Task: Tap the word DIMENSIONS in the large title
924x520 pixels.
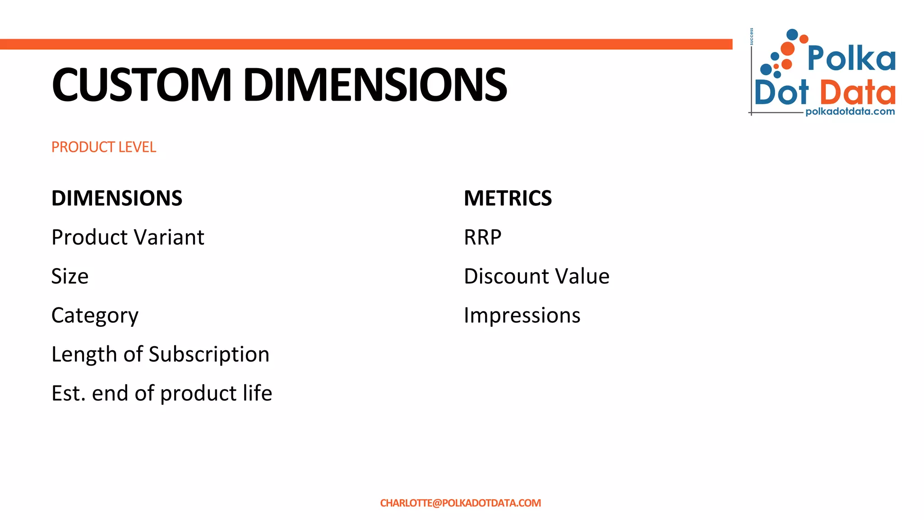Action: (x=375, y=85)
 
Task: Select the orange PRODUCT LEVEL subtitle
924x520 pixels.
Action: (x=103, y=147)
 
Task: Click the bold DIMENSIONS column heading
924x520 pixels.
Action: (x=117, y=198)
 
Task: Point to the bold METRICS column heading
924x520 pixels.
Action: (x=508, y=198)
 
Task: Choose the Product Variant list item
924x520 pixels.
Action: (x=128, y=237)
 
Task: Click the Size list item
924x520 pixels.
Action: (x=70, y=276)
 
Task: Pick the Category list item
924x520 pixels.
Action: (x=95, y=316)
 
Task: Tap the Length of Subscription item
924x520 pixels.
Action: (x=160, y=354)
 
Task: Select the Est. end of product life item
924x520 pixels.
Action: (x=162, y=393)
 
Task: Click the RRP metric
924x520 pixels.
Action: (x=482, y=237)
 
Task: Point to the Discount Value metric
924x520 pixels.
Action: (x=536, y=276)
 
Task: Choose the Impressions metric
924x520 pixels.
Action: (x=522, y=316)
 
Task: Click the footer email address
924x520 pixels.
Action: (x=460, y=503)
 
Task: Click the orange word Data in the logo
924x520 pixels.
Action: (x=857, y=93)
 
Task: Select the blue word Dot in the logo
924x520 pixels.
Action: (x=781, y=93)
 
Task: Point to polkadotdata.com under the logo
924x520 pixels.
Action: (x=850, y=111)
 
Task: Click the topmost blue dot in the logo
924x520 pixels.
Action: (x=792, y=34)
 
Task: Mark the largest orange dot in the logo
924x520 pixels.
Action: (x=787, y=48)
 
